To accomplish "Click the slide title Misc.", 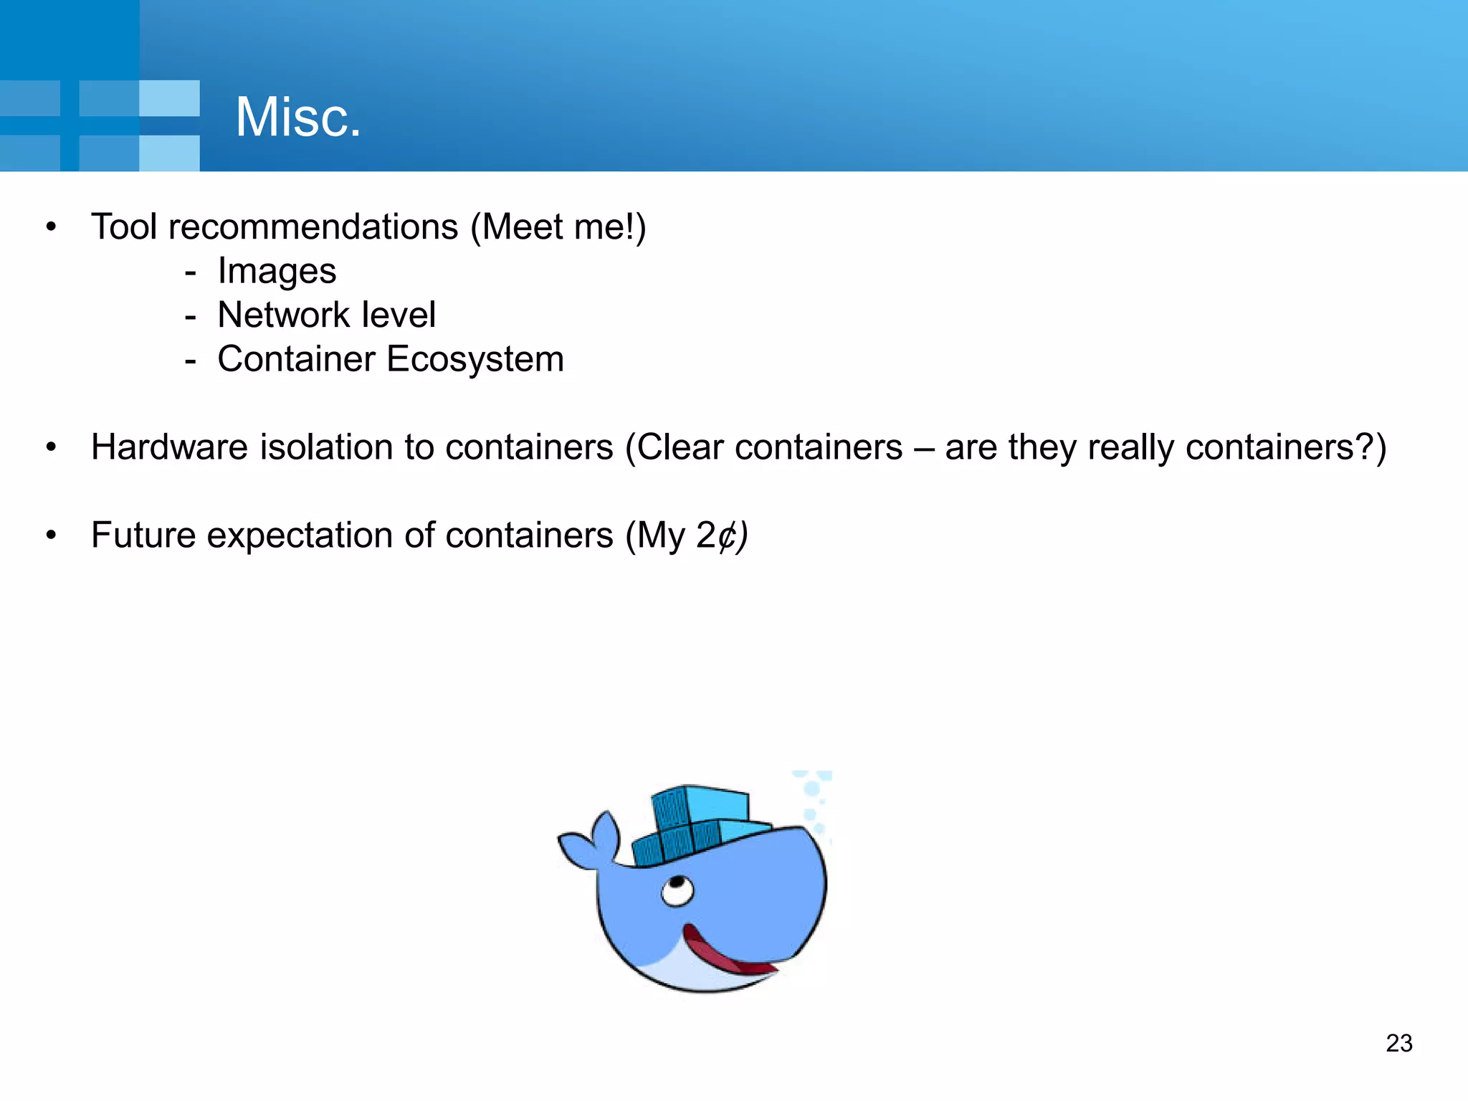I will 297,118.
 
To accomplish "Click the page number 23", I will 1398,1043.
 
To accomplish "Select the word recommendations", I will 313,227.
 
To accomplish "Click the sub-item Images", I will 277,272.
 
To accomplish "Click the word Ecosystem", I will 475,359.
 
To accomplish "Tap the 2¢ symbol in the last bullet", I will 716,535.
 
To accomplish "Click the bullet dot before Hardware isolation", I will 50,447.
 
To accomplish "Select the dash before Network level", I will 190,316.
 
